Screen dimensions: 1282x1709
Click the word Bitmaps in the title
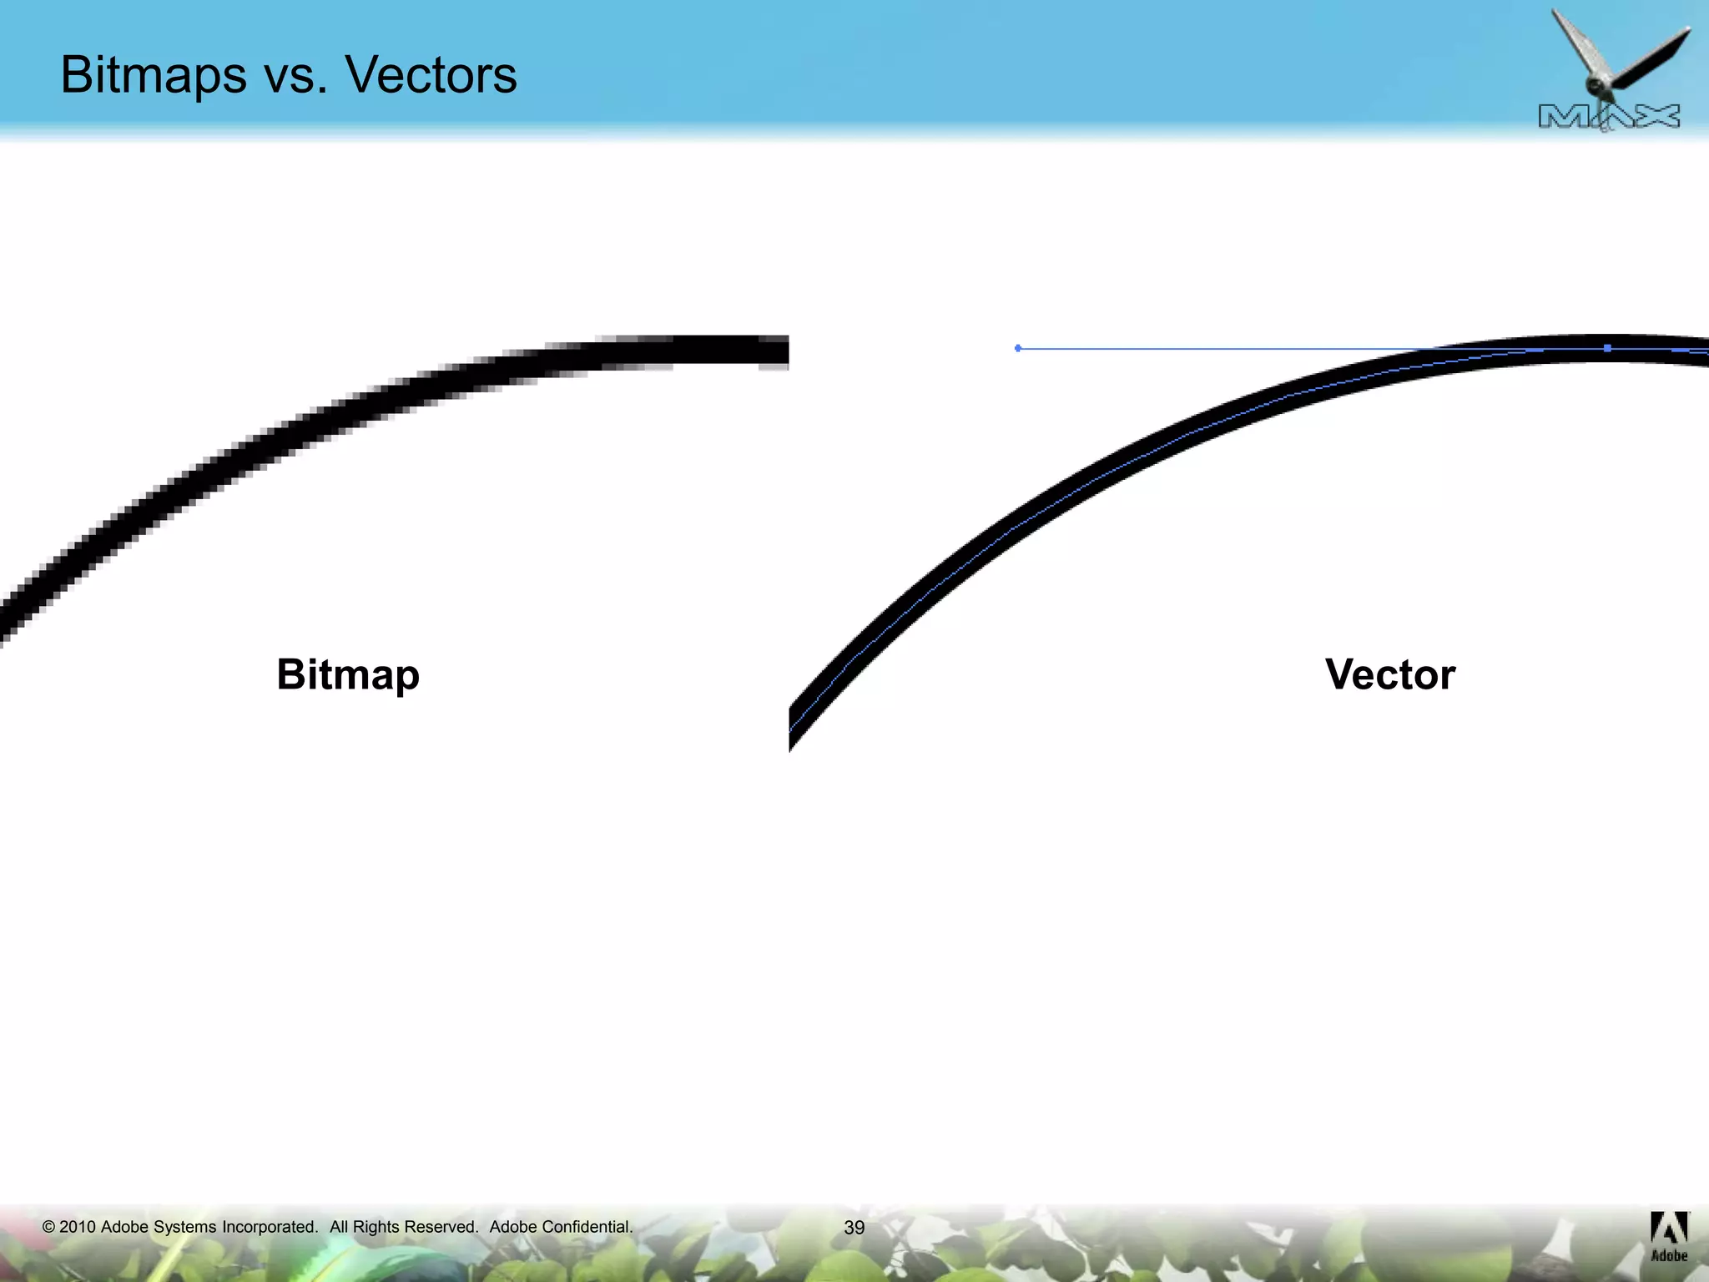pyautogui.click(x=154, y=75)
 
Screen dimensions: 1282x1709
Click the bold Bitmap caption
pyautogui.click(x=348, y=674)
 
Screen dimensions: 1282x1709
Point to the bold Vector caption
pyautogui.click(x=1390, y=674)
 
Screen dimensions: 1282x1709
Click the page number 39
pyautogui.click(x=854, y=1228)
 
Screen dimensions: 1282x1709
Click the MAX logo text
pyautogui.click(x=1609, y=117)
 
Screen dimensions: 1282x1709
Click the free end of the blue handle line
pyautogui.click(x=1018, y=348)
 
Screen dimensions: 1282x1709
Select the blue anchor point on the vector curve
pyautogui.click(x=1607, y=348)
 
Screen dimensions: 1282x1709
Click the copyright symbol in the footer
pyautogui.click(x=48, y=1227)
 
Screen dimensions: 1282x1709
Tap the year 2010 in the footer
pyautogui.click(x=78, y=1227)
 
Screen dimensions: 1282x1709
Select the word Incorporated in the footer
pyautogui.click(x=270, y=1227)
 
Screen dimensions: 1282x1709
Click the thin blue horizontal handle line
pyautogui.click(x=1252, y=348)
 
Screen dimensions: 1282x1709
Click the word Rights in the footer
pyautogui.click(x=376, y=1227)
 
